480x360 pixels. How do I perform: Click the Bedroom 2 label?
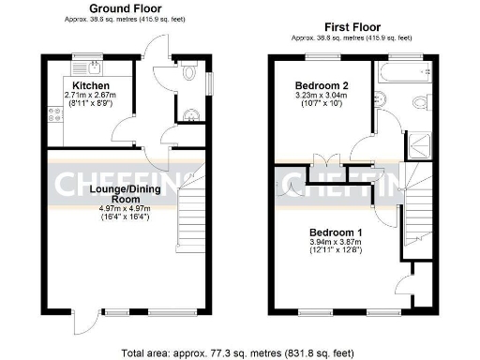[315, 84]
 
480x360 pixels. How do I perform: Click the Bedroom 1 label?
[335, 232]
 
